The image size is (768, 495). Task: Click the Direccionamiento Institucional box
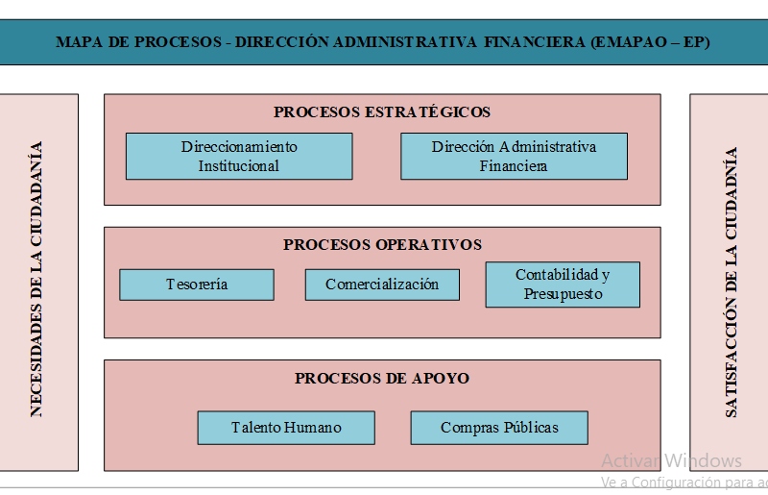(x=239, y=156)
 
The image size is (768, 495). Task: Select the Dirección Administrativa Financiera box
(x=514, y=156)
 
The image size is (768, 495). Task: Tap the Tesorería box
(x=197, y=285)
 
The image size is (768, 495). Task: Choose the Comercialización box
(x=382, y=285)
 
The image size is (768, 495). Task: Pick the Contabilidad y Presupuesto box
(x=563, y=285)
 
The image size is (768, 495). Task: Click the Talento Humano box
(x=286, y=428)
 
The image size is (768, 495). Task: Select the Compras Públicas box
(x=499, y=428)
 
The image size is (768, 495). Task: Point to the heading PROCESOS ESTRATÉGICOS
(x=382, y=111)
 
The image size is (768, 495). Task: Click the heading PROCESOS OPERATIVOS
(x=382, y=244)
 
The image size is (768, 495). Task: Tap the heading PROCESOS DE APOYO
(x=382, y=379)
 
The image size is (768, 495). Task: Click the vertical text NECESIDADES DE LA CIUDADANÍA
(x=36, y=279)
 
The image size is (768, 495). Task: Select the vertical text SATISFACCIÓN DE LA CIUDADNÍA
(x=731, y=282)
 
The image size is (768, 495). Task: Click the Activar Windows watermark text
(x=671, y=460)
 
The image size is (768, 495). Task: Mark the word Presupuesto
(x=563, y=294)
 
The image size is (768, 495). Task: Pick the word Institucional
(x=238, y=166)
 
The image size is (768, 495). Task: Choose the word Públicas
(x=531, y=428)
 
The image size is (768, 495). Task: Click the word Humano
(x=313, y=428)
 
